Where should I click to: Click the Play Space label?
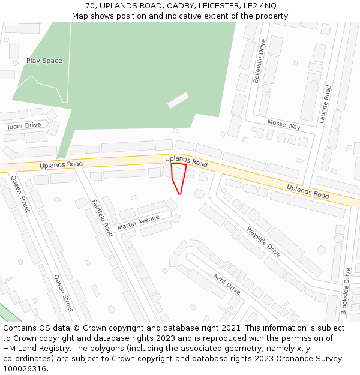coord(44,61)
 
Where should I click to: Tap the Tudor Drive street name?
coord(24,125)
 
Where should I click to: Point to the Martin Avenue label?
coord(139,222)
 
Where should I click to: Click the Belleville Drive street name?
coord(259,61)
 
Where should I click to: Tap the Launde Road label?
coord(326,104)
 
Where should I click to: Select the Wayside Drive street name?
coord(263,242)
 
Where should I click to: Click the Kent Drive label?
coord(227,284)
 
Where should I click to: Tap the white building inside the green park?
coord(178,100)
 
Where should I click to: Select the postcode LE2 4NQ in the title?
coord(262,5)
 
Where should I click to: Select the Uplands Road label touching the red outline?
coord(186,161)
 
